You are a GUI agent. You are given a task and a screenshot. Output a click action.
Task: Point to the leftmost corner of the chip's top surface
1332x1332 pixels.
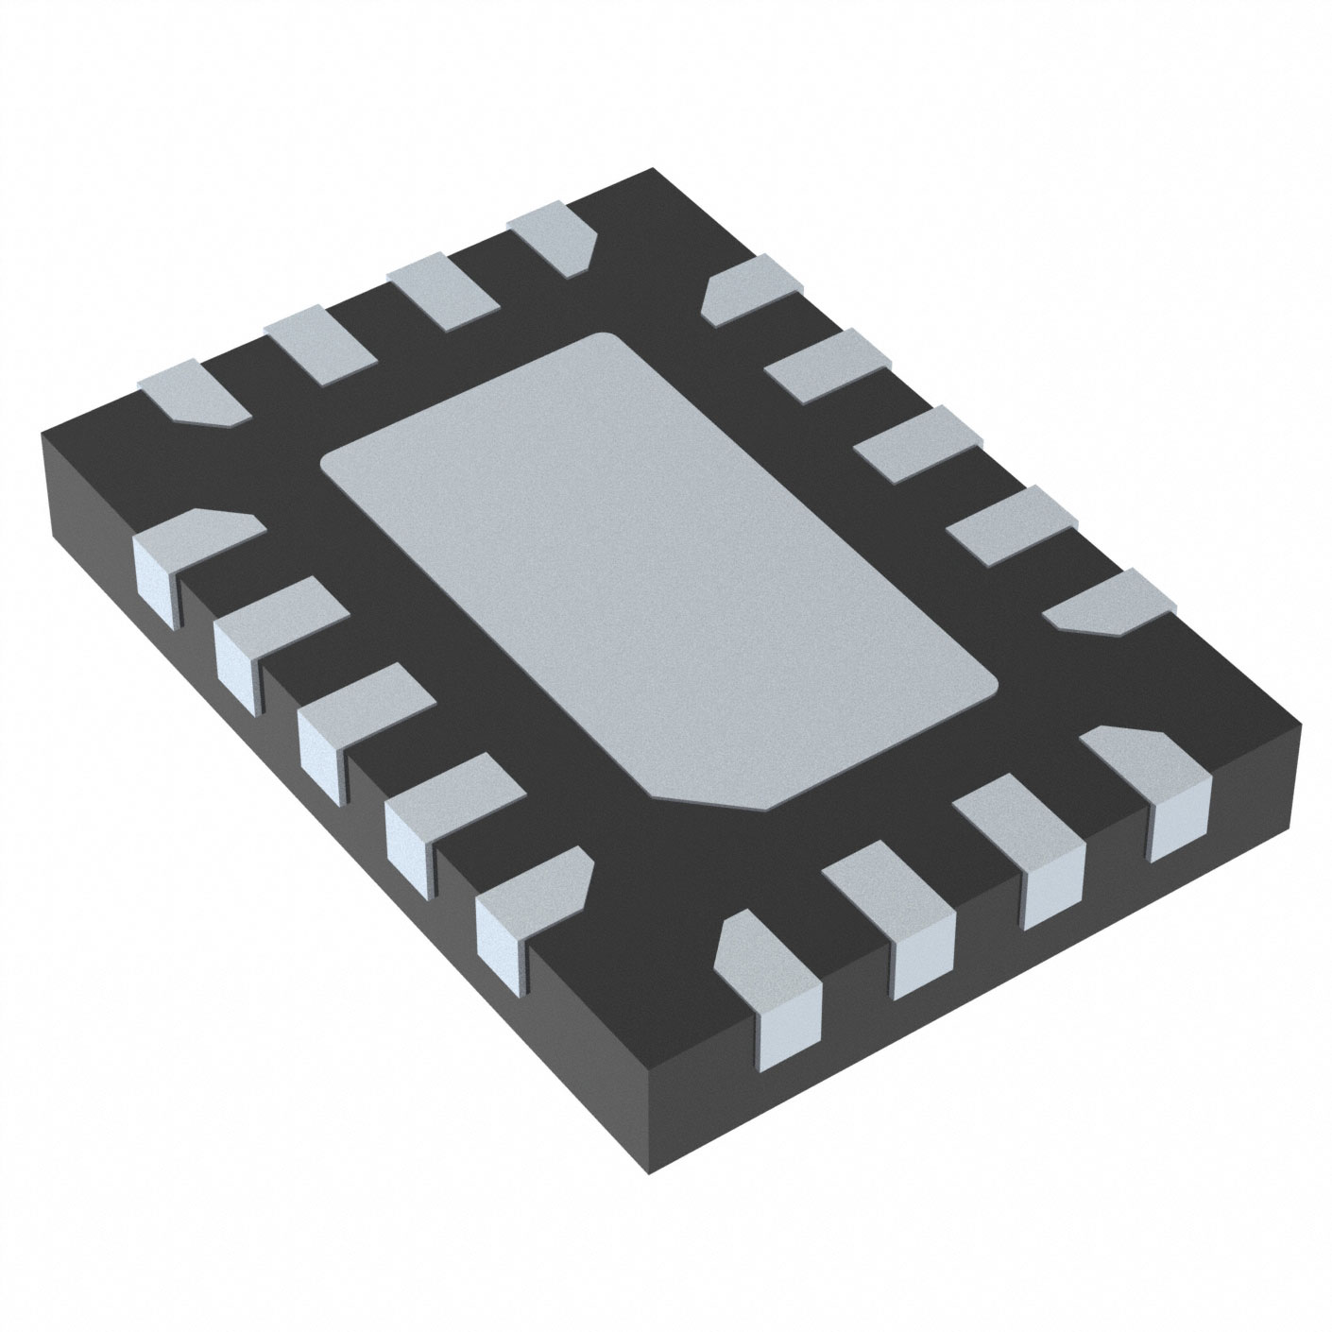click(43, 435)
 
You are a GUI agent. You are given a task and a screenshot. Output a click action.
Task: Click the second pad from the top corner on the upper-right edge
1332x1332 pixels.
click(828, 364)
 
